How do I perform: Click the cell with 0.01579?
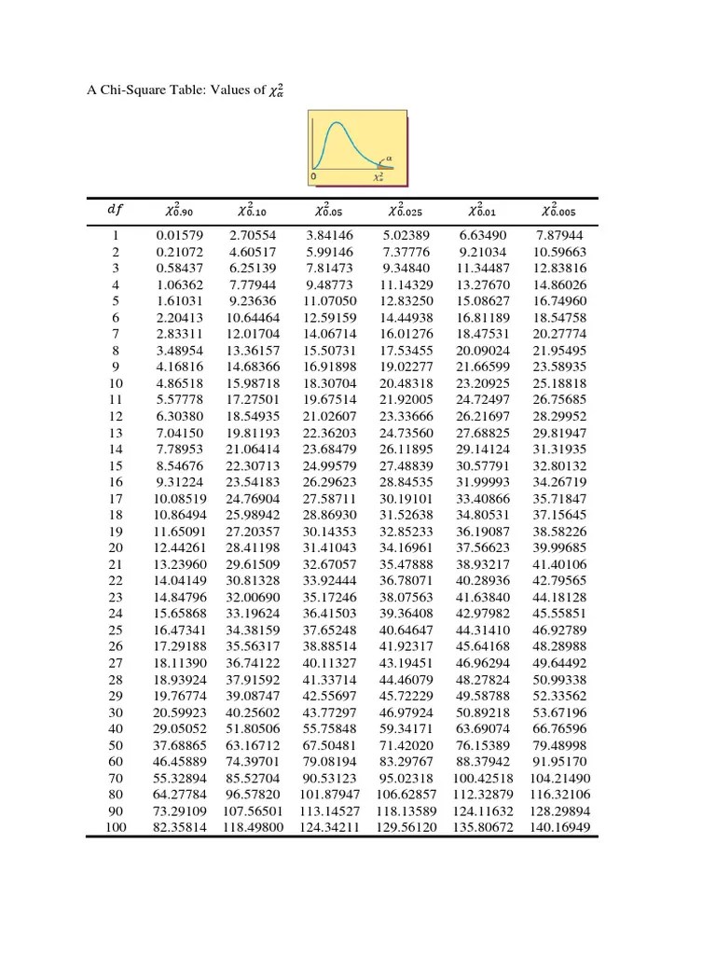pos(179,238)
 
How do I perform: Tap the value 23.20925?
pos(483,383)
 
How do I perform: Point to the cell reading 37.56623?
pos(483,547)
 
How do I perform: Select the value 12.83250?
pos(406,301)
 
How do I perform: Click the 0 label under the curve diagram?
pos(314,175)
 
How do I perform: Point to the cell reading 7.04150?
pos(179,433)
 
